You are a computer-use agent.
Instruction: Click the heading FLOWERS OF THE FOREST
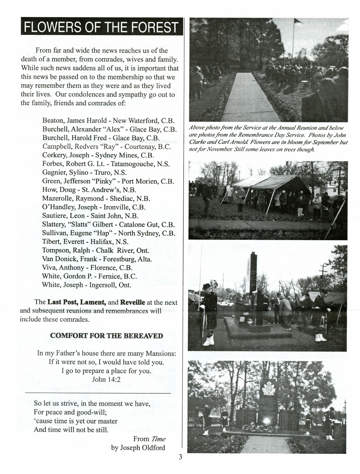tap(101, 27)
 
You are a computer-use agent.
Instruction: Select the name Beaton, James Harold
tap(74, 121)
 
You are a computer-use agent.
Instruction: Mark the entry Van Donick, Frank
tap(70, 259)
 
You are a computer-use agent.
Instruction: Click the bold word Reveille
tap(133, 302)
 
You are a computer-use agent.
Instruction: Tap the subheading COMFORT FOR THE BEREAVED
tap(107, 336)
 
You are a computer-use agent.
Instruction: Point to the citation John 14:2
tap(106, 379)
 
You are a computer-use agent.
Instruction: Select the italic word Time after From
tap(158, 439)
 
